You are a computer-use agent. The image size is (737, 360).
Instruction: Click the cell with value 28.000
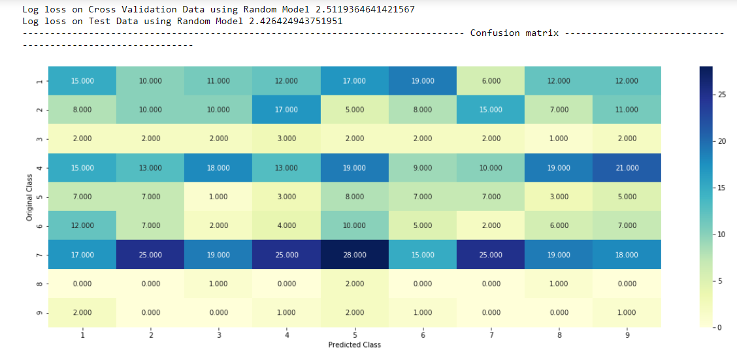pos(354,255)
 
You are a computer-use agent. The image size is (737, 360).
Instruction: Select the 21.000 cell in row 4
pos(626,168)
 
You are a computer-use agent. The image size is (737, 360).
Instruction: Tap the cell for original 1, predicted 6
pos(422,81)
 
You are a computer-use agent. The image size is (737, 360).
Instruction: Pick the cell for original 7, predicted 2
pos(150,255)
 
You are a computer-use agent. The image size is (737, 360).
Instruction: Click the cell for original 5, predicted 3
pos(218,197)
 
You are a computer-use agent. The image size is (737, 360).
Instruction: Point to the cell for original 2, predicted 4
pos(286,110)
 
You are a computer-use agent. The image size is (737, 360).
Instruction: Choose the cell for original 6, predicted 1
pos(82,225)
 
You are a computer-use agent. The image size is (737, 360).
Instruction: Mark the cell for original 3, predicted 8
pos(558,139)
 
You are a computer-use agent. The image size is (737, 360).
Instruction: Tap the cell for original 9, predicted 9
pos(626,312)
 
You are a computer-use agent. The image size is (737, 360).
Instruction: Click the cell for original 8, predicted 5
pos(354,284)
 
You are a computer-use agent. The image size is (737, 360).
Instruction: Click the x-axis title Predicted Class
pos(354,344)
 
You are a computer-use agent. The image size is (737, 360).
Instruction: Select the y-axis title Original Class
pos(29,197)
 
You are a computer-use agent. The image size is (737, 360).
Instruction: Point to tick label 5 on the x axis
pos(354,335)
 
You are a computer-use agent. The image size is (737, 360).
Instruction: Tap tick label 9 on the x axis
pos(626,335)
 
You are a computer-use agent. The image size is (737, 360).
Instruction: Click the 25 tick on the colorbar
pos(722,95)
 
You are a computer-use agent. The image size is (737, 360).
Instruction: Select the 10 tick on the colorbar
pos(722,235)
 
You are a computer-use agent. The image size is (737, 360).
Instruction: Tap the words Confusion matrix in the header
pos(514,33)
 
